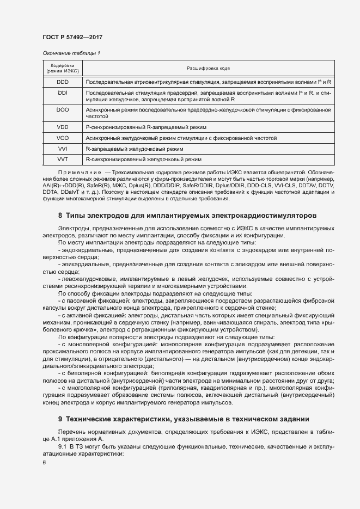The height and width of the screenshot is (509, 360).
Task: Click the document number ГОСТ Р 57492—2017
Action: pyautogui.click(x=72, y=37)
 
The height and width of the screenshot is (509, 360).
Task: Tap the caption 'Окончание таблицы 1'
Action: pyautogui.click(x=71, y=53)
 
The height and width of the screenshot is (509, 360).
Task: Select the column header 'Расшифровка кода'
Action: pyautogui.click(x=208, y=68)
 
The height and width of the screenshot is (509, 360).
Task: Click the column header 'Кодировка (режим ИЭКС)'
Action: pyautogui.click(x=63, y=68)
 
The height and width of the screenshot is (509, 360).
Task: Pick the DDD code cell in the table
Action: pyautogui.click(x=63, y=82)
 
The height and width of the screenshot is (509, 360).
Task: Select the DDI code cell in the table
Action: pyautogui.click(x=63, y=93)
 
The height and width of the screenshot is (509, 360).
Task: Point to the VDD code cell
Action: pyautogui.click(x=63, y=127)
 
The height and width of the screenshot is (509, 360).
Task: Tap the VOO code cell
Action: pyautogui.click(x=63, y=138)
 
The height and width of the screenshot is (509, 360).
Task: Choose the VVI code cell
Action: pyautogui.click(x=63, y=149)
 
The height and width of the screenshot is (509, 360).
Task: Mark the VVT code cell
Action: pyautogui.click(x=63, y=160)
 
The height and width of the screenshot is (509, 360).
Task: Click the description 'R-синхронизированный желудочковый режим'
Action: pyautogui.click(x=144, y=160)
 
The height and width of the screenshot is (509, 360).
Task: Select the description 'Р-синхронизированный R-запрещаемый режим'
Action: pyautogui.click(x=146, y=127)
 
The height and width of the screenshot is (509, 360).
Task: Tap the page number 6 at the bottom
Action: pyautogui.click(x=44, y=463)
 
